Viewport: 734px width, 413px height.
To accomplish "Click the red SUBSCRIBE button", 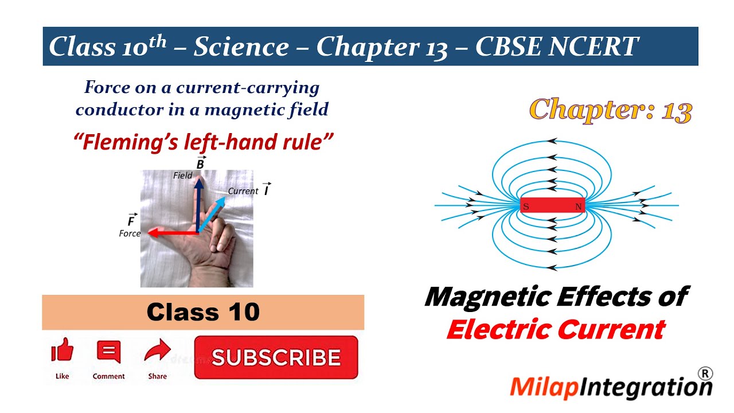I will [276, 357].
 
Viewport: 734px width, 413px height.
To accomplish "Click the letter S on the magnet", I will [526, 206].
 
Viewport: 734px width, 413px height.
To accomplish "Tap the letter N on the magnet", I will [578, 206].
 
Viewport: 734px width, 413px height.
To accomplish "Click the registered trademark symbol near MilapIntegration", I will [705, 373].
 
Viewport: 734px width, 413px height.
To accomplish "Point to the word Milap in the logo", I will [545, 387].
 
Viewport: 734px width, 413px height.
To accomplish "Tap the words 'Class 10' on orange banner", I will [203, 312].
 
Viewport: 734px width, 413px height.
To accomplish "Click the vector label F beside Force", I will [131, 221].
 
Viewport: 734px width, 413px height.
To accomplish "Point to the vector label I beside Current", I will [267, 190].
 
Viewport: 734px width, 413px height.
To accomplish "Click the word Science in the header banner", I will [241, 46].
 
